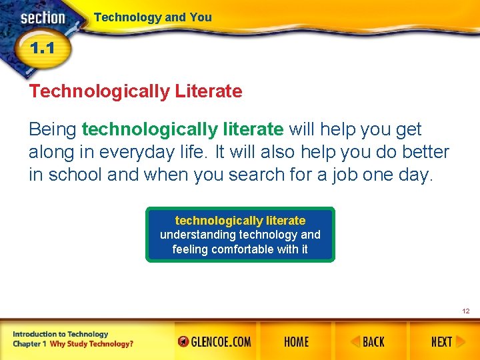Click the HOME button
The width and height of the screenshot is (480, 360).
(x=296, y=342)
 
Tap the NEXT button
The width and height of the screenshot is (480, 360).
(x=441, y=342)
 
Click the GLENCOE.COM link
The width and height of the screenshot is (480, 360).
(x=215, y=342)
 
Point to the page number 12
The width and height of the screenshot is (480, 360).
(x=465, y=311)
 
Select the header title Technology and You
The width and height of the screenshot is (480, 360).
(x=153, y=17)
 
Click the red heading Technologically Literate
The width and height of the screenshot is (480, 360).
(x=135, y=91)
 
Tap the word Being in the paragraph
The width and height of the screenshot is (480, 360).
(x=52, y=129)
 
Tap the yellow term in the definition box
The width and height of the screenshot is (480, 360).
(x=240, y=221)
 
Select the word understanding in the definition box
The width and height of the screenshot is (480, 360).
(x=198, y=235)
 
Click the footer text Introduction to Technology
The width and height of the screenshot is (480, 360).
(x=60, y=334)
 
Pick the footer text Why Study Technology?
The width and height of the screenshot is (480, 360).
(x=91, y=344)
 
